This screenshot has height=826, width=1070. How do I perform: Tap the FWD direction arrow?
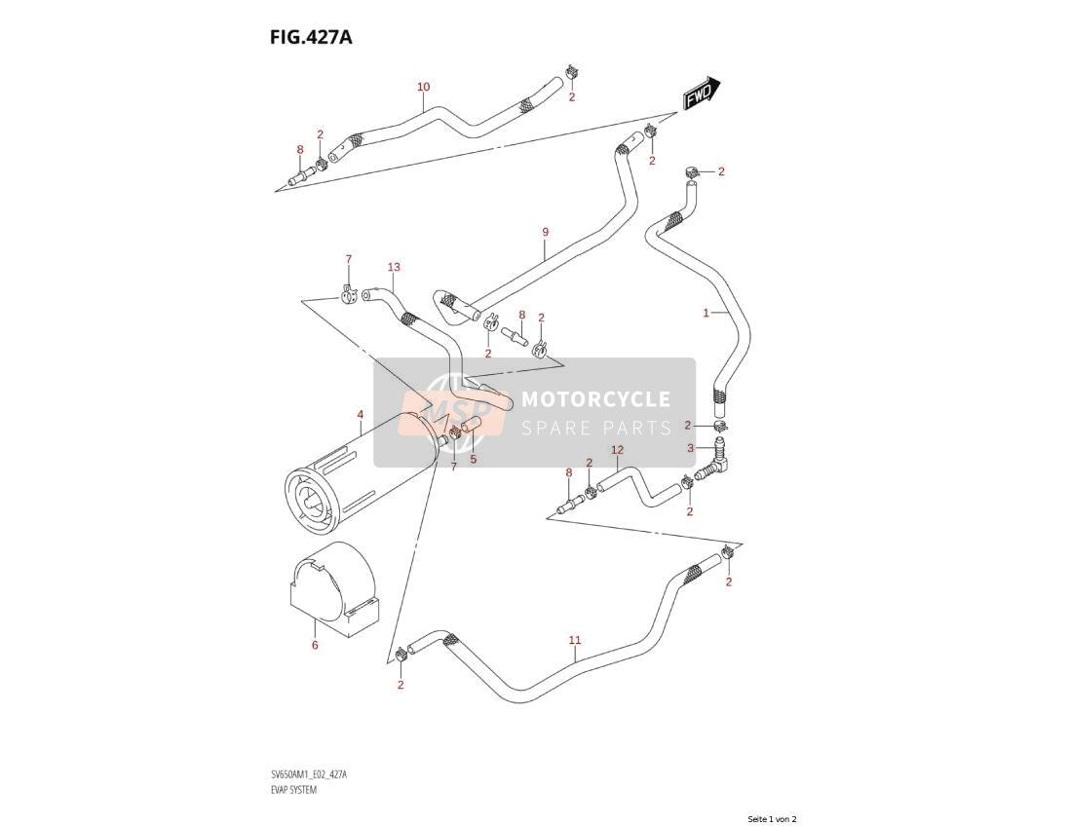pos(700,93)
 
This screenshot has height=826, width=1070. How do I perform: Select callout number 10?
pos(423,87)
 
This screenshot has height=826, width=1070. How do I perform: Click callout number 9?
pos(546,232)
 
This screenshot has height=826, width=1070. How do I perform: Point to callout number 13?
pos(394,267)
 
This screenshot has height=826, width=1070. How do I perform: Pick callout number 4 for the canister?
pos(360,415)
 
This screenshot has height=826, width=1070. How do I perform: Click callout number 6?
pos(315,645)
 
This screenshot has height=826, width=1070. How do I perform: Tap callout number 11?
pos(575,640)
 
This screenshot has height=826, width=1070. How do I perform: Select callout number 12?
pos(617,450)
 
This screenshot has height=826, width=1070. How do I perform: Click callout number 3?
pos(691,448)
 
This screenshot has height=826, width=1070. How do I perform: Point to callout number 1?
pos(707,313)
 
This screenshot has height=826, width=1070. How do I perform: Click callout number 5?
pos(473,459)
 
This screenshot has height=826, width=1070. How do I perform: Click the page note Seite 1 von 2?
pos(773,818)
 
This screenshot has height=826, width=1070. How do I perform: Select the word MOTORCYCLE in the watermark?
pos(595,399)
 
